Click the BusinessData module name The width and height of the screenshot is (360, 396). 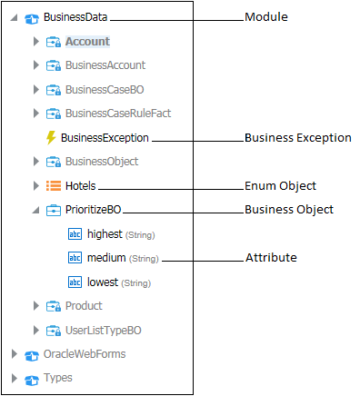point(76,17)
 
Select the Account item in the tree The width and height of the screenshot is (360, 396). point(87,42)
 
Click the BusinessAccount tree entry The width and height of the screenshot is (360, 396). point(105,65)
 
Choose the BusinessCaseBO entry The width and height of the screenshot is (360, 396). point(104,90)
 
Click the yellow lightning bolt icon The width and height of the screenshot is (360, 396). point(50,138)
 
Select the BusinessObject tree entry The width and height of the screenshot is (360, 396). point(101,162)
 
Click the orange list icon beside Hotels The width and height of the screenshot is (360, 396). point(53,186)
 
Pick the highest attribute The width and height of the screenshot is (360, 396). point(104,234)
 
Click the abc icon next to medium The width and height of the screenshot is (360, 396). point(75,258)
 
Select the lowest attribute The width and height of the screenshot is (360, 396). point(102,282)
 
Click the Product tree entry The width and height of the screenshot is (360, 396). point(84,306)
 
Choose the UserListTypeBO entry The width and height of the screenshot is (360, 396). point(104,330)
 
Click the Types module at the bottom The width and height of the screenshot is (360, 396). point(57,377)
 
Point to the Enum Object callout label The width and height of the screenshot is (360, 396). point(280,186)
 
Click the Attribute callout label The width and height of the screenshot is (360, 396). point(270,258)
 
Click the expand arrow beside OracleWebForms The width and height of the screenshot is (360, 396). point(14,353)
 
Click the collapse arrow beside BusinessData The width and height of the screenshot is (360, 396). point(14,17)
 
